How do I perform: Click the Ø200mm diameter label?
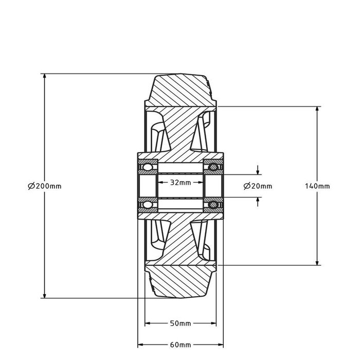coord(45,186)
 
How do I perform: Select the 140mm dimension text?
coord(317,186)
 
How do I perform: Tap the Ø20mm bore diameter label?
coord(258,186)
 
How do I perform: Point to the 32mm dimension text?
coord(181,183)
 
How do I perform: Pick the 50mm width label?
coord(181,323)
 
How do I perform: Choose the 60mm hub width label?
coord(181,345)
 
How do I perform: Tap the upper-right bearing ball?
coord(213,167)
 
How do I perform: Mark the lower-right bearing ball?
coord(213,204)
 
